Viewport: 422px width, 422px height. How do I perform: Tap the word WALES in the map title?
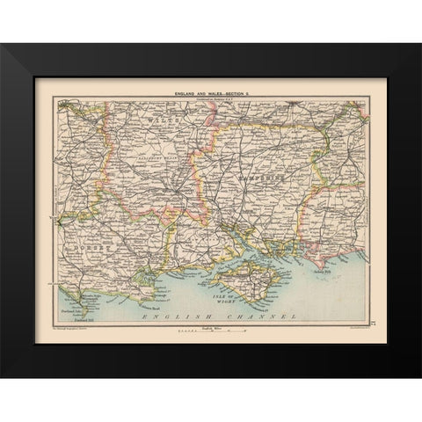[x=215, y=92]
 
